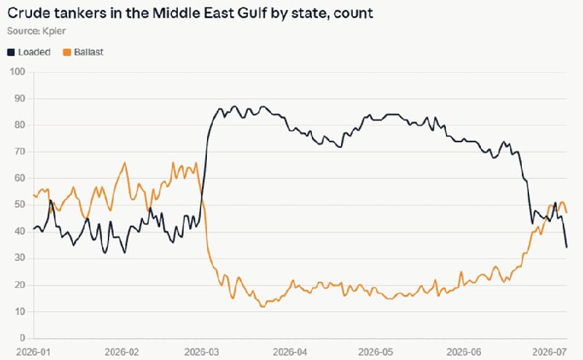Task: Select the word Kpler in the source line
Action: [54, 31]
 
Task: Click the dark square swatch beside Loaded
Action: [11, 52]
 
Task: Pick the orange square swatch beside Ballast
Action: [67, 52]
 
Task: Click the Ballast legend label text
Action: [88, 52]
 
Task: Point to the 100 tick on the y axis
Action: [17, 71]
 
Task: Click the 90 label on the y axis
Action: [20, 98]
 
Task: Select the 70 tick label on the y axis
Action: [20, 152]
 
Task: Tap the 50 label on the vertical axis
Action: [20, 205]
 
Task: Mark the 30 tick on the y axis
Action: [20, 258]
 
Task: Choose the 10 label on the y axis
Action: [20, 311]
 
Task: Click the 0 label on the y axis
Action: [23, 337]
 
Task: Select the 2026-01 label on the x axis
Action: [33, 351]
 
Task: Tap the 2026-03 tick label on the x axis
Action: [202, 351]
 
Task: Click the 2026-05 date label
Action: [375, 351]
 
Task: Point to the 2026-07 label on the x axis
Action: [549, 351]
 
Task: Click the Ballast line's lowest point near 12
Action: [263, 307]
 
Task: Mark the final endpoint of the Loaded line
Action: [567, 247]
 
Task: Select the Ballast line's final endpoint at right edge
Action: [567, 212]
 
